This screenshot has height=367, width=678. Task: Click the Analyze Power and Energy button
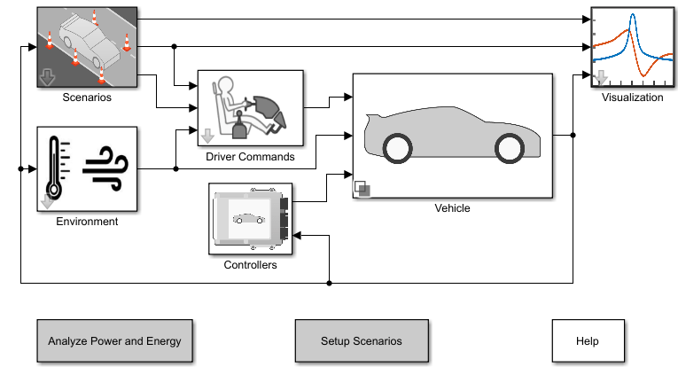pyautogui.click(x=114, y=341)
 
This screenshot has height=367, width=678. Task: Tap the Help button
pyautogui.click(x=587, y=341)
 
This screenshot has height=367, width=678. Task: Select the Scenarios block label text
pyautogui.click(x=87, y=98)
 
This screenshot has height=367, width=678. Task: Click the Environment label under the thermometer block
pyautogui.click(x=87, y=222)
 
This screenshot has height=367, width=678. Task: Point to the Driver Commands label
pyautogui.click(x=250, y=157)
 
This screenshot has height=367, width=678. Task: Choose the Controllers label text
pyautogui.click(x=250, y=264)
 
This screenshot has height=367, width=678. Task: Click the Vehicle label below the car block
pyautogui.click(x=452, y=208)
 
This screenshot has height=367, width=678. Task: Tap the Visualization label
pyautogui.click(x=632, y=98)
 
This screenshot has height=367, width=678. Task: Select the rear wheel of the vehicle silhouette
pyautogui.click(x=397, y=147)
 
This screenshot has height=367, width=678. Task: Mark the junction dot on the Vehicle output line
pyautogui.click(x=573, y=136)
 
